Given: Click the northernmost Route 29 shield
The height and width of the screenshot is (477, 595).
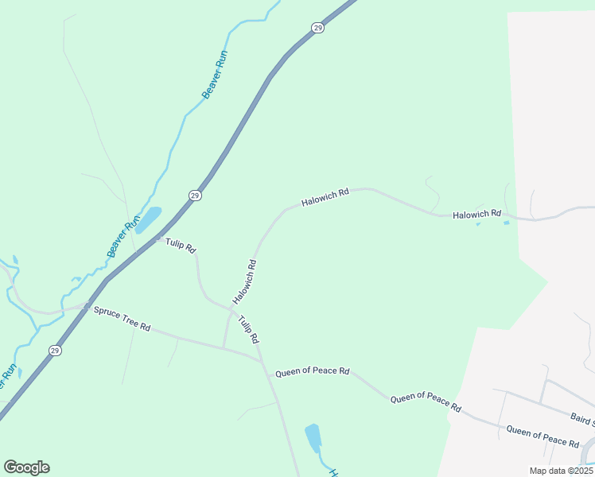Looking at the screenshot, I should tap(318, 28).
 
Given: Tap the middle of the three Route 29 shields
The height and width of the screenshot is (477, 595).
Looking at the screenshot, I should tap(195, 195).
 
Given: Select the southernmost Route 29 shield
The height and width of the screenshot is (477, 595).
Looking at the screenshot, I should tap(54, 350).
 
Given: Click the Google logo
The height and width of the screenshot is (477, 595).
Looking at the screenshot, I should tap(26, 467).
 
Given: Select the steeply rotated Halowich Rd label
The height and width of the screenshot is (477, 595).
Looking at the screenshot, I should tap(244, 281).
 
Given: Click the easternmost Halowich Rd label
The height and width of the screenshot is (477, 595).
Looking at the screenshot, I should tap(476, 214).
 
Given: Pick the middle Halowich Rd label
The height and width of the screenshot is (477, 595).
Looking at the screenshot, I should tap(325, 198).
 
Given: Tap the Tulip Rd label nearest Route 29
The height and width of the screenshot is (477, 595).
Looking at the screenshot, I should tap(181, 245).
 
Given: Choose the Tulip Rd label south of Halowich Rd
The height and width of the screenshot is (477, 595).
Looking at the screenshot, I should tap(249, 328).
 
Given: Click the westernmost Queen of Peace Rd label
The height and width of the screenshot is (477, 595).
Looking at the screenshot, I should tap(312, 371).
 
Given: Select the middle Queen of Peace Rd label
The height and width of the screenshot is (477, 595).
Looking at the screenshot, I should tap(426, 401).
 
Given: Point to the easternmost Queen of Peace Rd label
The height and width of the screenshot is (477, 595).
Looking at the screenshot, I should tap(542, 436).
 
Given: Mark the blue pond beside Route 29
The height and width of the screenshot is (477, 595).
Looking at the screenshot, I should tap(149, 219).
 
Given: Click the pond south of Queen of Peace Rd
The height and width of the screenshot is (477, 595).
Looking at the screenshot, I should tap(313, 438).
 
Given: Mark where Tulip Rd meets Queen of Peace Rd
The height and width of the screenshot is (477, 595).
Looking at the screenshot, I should tap(262, 360).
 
